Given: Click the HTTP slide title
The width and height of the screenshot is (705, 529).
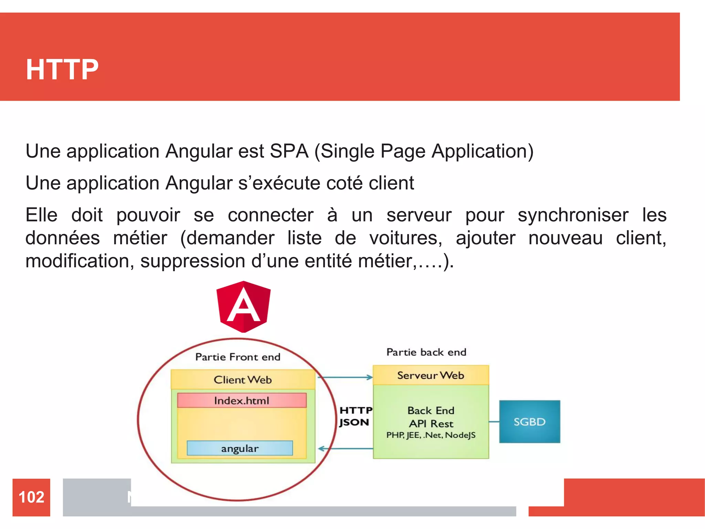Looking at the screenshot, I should [x=62, y=70].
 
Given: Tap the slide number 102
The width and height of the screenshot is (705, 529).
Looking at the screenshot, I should [x=31, y=497].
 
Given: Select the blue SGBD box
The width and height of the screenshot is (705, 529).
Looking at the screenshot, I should [x=529, y=422].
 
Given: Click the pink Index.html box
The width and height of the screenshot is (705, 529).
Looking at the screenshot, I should [x=242, y=401].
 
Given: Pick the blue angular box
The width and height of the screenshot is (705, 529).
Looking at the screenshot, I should [x=240, y=448].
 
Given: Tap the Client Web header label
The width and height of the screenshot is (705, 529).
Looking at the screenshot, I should [x=243, y=380].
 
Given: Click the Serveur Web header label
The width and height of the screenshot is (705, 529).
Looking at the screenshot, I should [x=431, y=375].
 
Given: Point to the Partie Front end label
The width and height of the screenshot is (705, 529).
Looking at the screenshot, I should [x=238, y=357].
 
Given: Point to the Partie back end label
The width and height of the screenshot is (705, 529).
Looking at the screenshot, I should [x=426, y=352].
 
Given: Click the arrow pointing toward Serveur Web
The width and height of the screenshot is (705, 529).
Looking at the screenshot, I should [x=345, y=377].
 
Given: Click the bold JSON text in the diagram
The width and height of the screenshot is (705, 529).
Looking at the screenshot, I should [x=354, y=422].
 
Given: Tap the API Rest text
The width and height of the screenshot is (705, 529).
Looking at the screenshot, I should [x=431, y=424].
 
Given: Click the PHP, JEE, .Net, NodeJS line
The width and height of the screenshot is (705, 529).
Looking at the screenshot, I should [x=431, y=435].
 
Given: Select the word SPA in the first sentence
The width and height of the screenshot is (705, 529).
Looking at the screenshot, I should [x=289, y=151].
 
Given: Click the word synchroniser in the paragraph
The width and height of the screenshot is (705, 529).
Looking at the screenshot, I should [x=573, y=215].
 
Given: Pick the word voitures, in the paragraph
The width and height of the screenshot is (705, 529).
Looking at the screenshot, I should [x=406, y=238].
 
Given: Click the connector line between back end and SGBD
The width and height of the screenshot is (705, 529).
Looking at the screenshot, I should [x=494, y=422].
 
